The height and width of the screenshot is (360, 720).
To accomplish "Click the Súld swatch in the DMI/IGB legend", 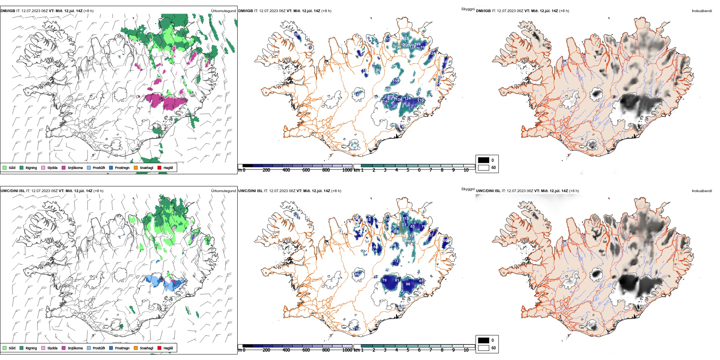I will [x=5, y=167].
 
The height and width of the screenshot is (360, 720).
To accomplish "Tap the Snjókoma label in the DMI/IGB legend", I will [x=75, y=168].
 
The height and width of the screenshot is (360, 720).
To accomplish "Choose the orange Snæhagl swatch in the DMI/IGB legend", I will [x=136, y=167].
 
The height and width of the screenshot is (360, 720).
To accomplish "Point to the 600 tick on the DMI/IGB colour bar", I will [x=306, y=170].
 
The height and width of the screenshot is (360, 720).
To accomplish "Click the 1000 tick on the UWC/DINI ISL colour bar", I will [x=347, y=350].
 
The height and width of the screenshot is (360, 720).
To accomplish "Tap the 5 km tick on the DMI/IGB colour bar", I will [x=408, y=170].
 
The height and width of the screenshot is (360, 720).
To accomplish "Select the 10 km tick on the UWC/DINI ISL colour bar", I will [x=466, y=350].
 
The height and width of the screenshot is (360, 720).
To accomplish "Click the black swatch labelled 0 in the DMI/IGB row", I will [x=484, y=160].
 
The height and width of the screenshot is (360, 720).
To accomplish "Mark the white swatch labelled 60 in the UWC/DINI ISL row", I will [x=484, y=348].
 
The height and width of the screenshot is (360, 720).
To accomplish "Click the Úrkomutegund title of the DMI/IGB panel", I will [x=223, y=11].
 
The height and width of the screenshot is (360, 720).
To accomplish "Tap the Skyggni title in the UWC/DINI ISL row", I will [x=468, y=189].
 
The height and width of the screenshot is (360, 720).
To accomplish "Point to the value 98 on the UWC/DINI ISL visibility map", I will [x=408, y=284].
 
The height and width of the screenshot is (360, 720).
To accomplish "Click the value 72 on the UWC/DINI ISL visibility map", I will [x=396, y=261].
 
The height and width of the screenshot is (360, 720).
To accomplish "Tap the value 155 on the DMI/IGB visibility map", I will [x=396, y=81].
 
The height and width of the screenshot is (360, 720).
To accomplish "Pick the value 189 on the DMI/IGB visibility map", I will [x=418, y=44].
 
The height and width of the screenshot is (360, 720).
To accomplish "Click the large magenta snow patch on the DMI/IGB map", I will [x=167, y=101].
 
